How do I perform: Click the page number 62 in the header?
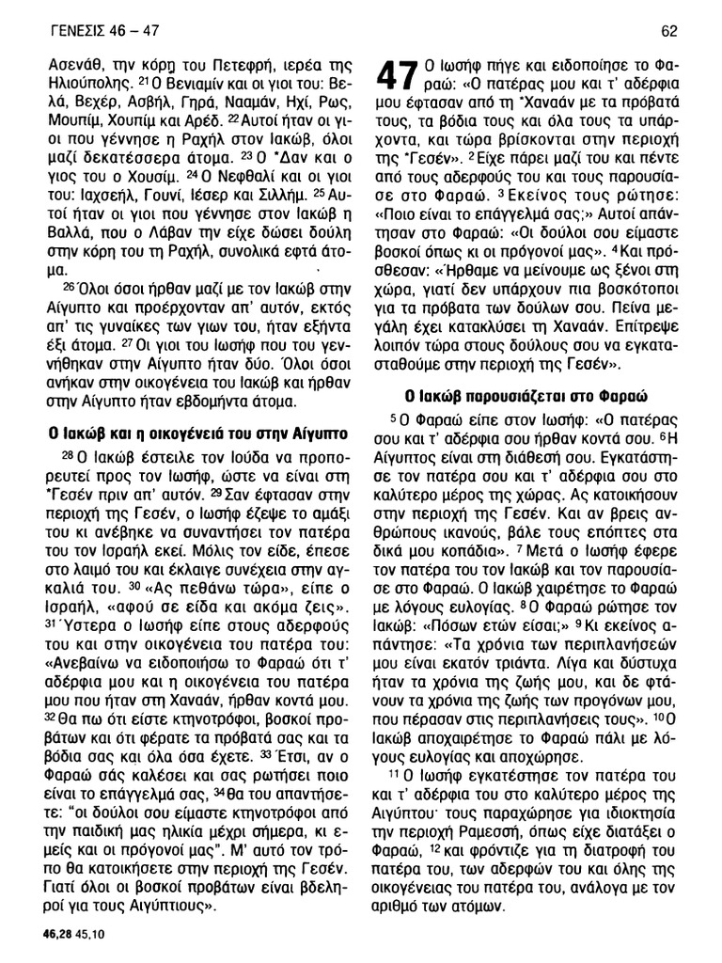pos(668,32)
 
